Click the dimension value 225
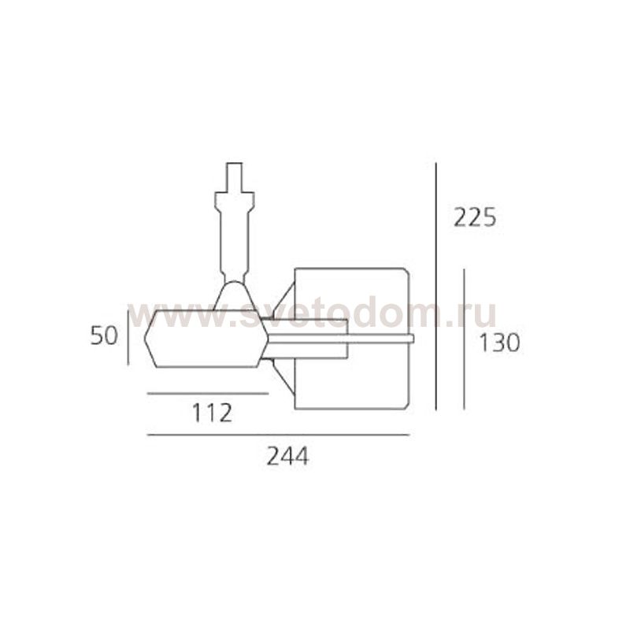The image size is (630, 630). point(475,217)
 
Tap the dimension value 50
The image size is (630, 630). point(103,336)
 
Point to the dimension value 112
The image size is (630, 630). point(212,412)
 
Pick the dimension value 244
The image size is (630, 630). point(287,455)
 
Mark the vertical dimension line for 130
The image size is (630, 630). point(464,339)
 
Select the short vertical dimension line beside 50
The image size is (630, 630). point(128,337)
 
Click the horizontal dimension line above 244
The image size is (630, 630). point(278,435)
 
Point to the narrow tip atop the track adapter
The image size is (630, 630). point(234,176)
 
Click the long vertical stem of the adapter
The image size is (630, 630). point(234,236)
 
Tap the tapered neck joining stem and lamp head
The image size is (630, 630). point(234,295)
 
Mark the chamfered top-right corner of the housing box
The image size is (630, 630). point(406,272)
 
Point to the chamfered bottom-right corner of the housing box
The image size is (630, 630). point(406,405)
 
